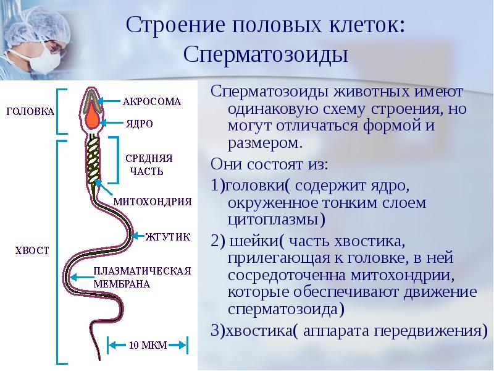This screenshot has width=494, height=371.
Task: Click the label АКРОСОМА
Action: tap(151, 101)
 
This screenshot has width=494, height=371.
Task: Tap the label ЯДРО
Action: tap(140, 123)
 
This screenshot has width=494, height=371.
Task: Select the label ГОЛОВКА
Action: tap(30, 111)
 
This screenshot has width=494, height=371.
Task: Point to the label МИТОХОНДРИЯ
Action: tap(153, 202)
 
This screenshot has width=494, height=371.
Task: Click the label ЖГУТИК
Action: tap(167, 237)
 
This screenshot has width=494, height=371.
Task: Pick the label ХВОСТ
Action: tap(32, 250)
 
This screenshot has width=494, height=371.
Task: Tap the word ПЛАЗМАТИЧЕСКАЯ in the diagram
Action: tap(142, 271)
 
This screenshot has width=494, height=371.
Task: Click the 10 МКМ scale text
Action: tap(148, 345)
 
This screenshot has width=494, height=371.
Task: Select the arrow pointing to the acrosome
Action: tap(109, 101)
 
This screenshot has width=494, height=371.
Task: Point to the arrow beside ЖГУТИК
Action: tap(138, 236)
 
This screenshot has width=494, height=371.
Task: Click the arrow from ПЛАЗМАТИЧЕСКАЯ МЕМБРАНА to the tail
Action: tap(82, 277)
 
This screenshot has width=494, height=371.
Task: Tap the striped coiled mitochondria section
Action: tap(93, 160)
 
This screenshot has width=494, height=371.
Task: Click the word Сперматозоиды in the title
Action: tap(266, 54)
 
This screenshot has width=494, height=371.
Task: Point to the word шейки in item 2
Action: tap(254, 242)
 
